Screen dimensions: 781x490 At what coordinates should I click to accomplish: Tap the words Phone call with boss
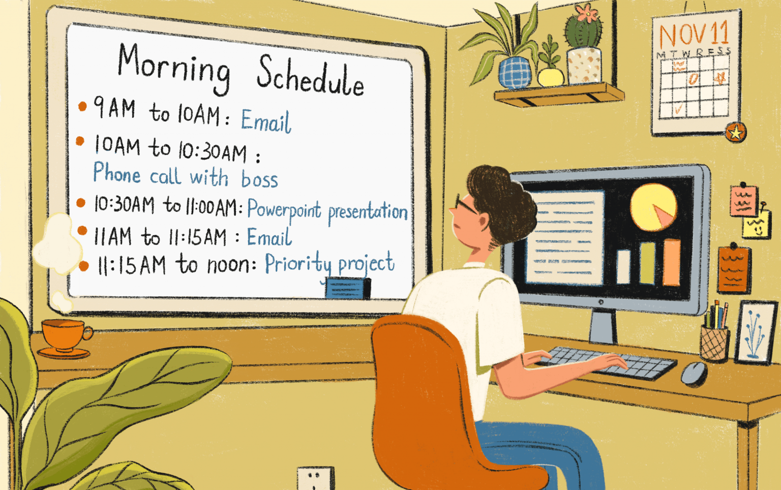click(x=186, y=175)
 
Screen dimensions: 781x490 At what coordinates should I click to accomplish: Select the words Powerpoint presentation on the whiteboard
click(x=327, y=210)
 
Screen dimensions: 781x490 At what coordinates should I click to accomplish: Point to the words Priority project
click(x=330, y=264)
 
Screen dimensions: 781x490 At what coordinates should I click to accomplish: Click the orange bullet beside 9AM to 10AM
click(x=82, y=106)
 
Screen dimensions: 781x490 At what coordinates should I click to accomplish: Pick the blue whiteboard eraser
click(x=348, y=288)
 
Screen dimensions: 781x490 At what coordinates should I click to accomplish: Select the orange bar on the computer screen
click(x=672, y=262)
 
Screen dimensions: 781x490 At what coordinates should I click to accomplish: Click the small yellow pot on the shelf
click(x=551, y=77)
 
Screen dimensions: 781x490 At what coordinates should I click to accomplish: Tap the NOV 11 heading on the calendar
click(x=695, y=34)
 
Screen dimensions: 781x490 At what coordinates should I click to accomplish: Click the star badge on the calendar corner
click(x=736, y=132)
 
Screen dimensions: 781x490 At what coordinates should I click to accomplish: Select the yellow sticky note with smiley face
click(x=756, y=225)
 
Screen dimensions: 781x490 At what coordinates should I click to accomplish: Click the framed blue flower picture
click(x=756, y=332)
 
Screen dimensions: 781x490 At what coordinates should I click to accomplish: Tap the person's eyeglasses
click(x=464, y=204)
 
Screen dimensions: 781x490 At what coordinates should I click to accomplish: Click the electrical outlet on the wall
click(x=315, y=478)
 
